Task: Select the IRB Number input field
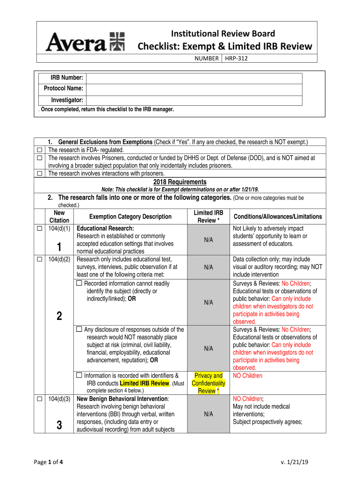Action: [194, 78]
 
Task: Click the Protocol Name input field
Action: [194, 89]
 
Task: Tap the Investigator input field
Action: [194, 100]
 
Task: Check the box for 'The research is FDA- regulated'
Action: [40, 150]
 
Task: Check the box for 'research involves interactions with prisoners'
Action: [40, 174]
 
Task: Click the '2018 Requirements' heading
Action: [180, 182]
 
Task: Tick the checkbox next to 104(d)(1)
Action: [40, 229]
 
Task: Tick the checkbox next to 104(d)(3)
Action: [40, 399]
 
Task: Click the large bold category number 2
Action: [59, 317]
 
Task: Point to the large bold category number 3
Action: [59, 425]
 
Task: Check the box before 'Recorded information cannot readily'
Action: [79, 283]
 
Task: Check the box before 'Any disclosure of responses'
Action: [79, 330]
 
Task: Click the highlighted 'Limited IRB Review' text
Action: [144, 383]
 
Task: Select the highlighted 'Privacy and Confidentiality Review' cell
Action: [208, 383]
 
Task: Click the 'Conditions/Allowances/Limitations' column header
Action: [277, 217]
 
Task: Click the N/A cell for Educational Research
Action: [208, 240]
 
